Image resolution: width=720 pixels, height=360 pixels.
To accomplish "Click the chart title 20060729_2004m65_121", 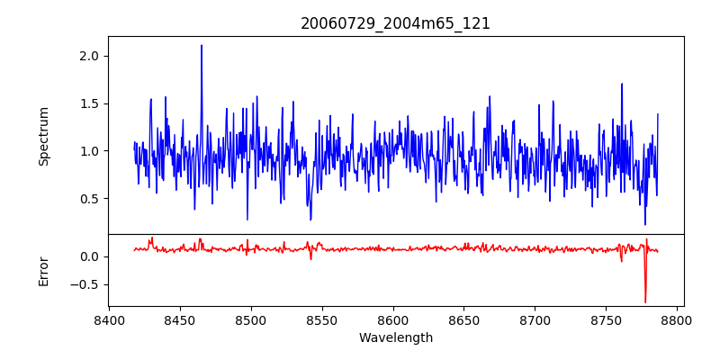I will [x=395, y=23].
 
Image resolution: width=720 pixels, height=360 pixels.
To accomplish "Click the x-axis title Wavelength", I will [x=395, y=338].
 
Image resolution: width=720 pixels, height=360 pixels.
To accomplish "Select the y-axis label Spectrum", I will [x=44, y=136].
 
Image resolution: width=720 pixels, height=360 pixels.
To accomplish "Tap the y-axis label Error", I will [x=44, y=271].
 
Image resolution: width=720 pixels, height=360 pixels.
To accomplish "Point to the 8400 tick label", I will [x=109, y=319].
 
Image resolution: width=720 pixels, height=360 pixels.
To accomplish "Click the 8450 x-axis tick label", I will [x=180, y=319].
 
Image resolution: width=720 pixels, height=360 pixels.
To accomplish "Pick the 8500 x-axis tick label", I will [x=251, y=319].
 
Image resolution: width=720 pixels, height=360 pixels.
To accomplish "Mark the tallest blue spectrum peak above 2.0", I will [x=202, y=46].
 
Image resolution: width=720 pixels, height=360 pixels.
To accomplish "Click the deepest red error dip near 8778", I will [x=645, y=301].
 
